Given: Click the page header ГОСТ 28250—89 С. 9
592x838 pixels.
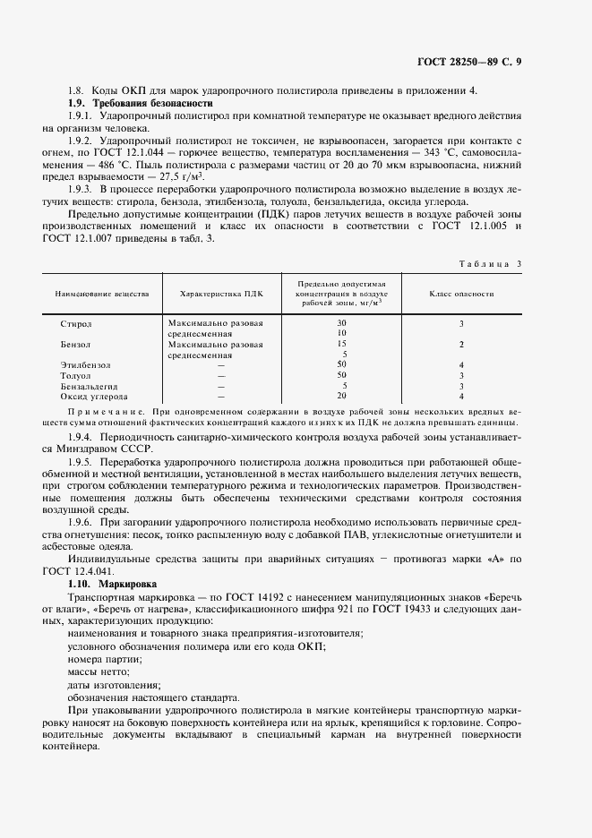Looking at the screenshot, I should coord(469,62).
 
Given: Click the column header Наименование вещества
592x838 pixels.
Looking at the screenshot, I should coord(102,293).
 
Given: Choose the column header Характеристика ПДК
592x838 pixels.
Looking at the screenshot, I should coord(221,293).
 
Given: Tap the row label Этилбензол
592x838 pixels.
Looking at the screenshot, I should coord(86,365).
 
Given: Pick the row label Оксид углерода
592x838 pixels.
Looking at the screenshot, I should coord(93,396).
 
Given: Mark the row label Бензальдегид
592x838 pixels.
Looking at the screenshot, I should coord(91,386).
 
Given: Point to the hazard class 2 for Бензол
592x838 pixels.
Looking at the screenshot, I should coord(460,344).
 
